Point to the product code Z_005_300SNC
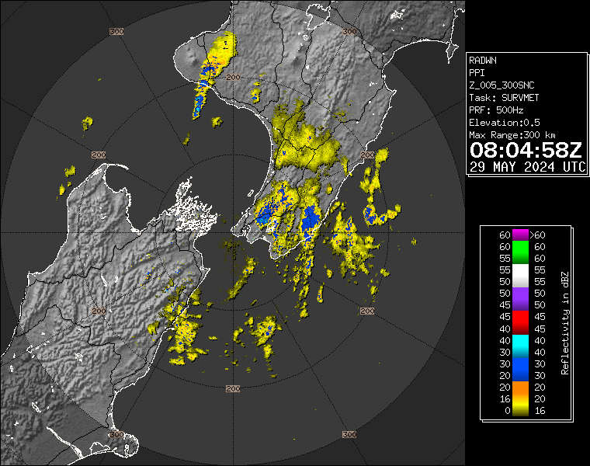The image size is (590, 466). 501,85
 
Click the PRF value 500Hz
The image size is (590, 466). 502,110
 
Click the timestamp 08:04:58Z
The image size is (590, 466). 526,150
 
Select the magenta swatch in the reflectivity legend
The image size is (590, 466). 519,235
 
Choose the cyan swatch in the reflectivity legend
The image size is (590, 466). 519,340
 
